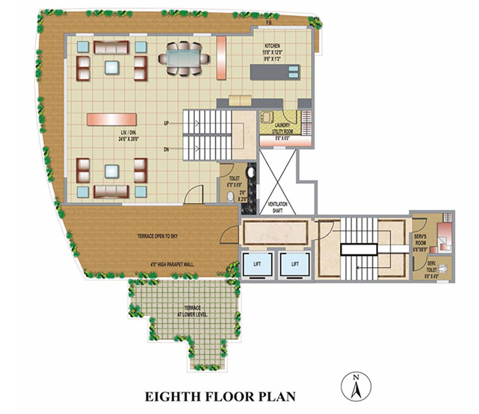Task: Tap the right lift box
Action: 294,263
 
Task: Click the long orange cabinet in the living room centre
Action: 111,119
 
